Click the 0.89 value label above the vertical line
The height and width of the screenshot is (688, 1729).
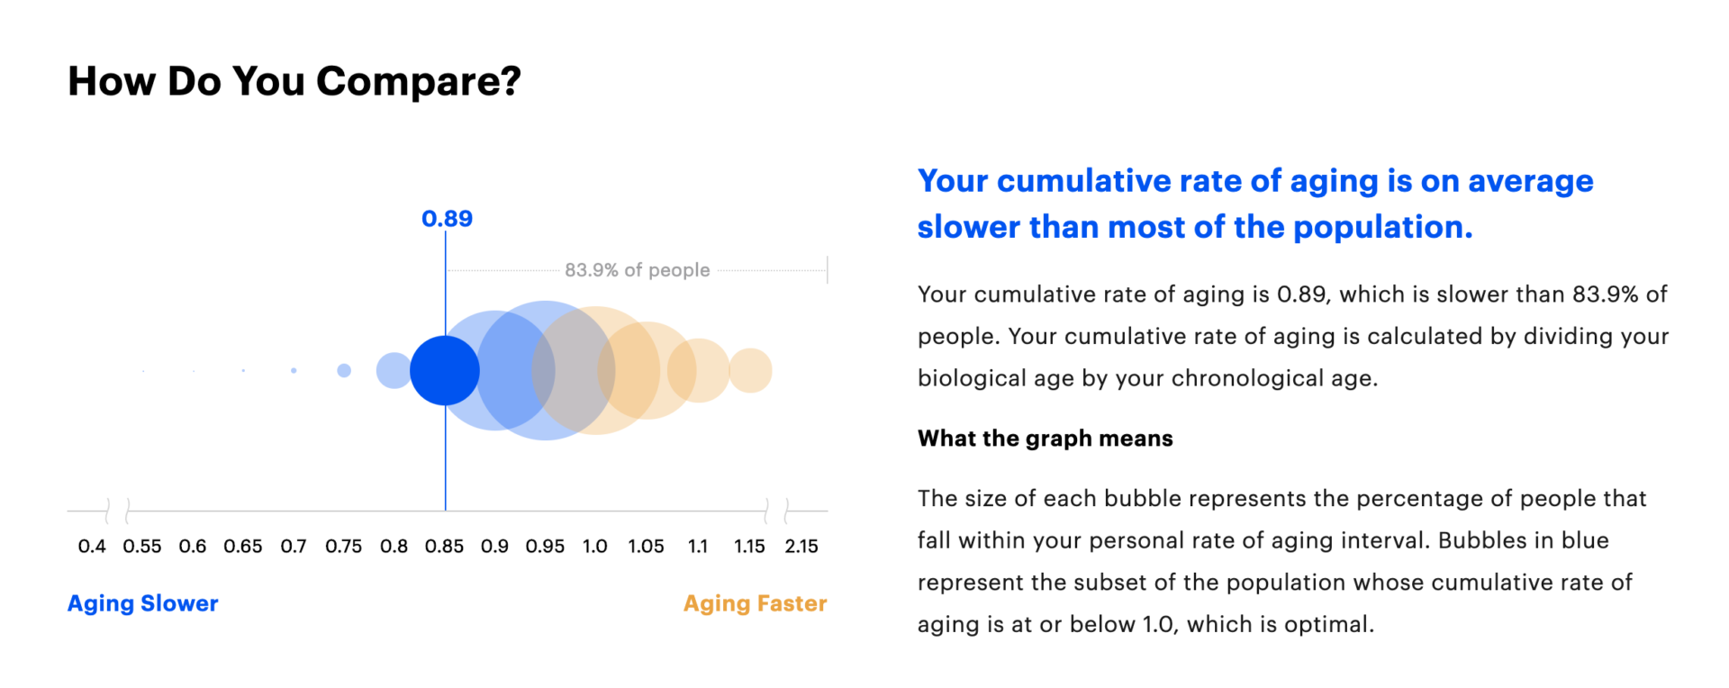point(447,219)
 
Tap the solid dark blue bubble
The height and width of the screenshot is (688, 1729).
point(445,370)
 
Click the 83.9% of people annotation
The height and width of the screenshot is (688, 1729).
point(637,270)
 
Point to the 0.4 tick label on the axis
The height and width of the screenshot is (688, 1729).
point(92,547)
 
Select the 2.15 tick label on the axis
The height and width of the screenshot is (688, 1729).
point(801,547)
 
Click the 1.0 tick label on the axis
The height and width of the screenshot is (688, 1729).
point(595,547)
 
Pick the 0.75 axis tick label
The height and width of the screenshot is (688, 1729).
point(344,547)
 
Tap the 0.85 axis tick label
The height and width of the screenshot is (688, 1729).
point(445,547)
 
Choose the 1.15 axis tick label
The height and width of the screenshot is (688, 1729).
point(749,547)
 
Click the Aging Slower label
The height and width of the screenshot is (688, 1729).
point(143,603)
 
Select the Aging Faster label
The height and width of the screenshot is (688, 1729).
point(755,603)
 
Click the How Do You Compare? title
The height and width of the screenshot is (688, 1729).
point(294,81)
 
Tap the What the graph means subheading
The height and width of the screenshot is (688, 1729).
point(1046,439)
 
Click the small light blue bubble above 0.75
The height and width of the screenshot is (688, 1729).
point(344,370)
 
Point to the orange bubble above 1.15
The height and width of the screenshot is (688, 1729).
point(750,370)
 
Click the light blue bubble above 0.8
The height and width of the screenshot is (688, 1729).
point(394,370)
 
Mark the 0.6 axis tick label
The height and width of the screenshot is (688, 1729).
point(193,547)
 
